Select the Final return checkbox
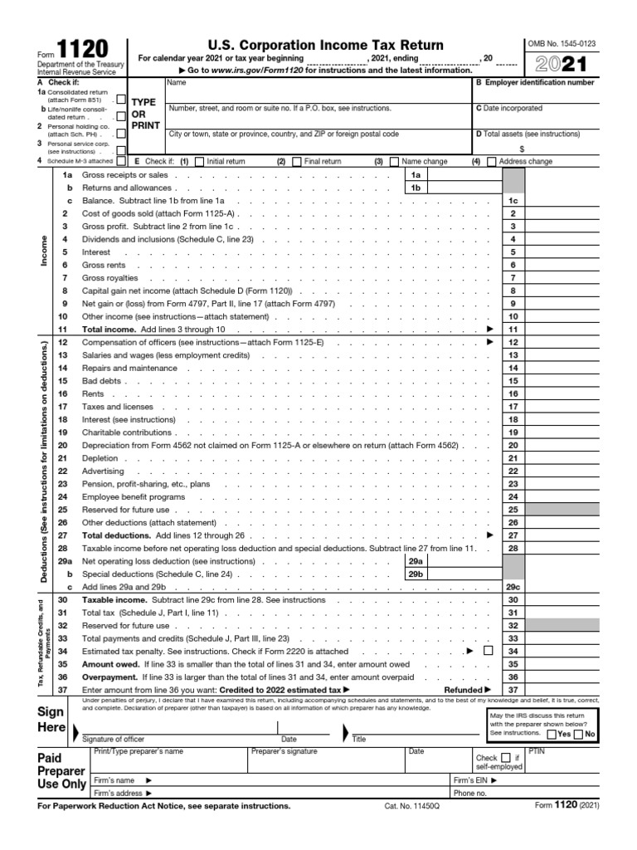tap(297, 162)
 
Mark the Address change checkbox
tap(492, 162)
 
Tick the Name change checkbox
tap(394, 162)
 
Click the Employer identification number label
tap(535, 83)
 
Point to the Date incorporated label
tap(509, 108)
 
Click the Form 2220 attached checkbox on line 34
tap(488, 651)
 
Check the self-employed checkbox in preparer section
tap(505, 758)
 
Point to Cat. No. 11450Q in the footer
tap(411, 806)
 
